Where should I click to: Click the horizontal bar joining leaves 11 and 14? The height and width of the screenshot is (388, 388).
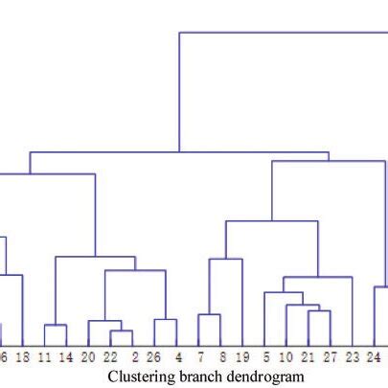click(x=56, y=326)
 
